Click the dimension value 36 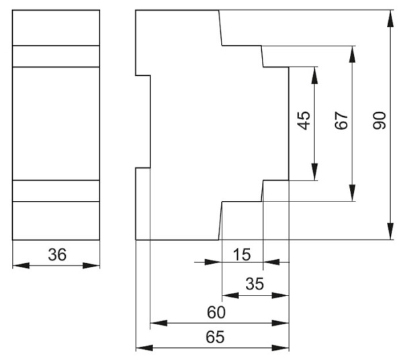pyautogui.click(x=56, y=255)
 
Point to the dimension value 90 pyautogui.click(x=380, y=121)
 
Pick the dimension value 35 pyautogui.click(x=255, y=284)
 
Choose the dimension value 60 pyautogui.click(x=216, y=313)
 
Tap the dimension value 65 pyautogui.click(x=214, y=337)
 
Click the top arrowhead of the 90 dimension pyautogui.click(x=391, y=15)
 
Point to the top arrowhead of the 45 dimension pyautogui.click(x=314, y=73)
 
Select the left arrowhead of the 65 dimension pyautogui.click(x=141, y=348)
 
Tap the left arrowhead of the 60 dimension pyautogui.click(x=156, y=323)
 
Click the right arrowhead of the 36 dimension pyautogui.click(x=95, y=266)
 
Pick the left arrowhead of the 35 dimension pyautogui.click(x=228, y=295)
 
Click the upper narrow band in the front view pyautogui.click(x=56, y=56)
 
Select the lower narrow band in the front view pyautogui.click(x=56, y=191)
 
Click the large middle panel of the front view pyautogui.click(x=56, y=124)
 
